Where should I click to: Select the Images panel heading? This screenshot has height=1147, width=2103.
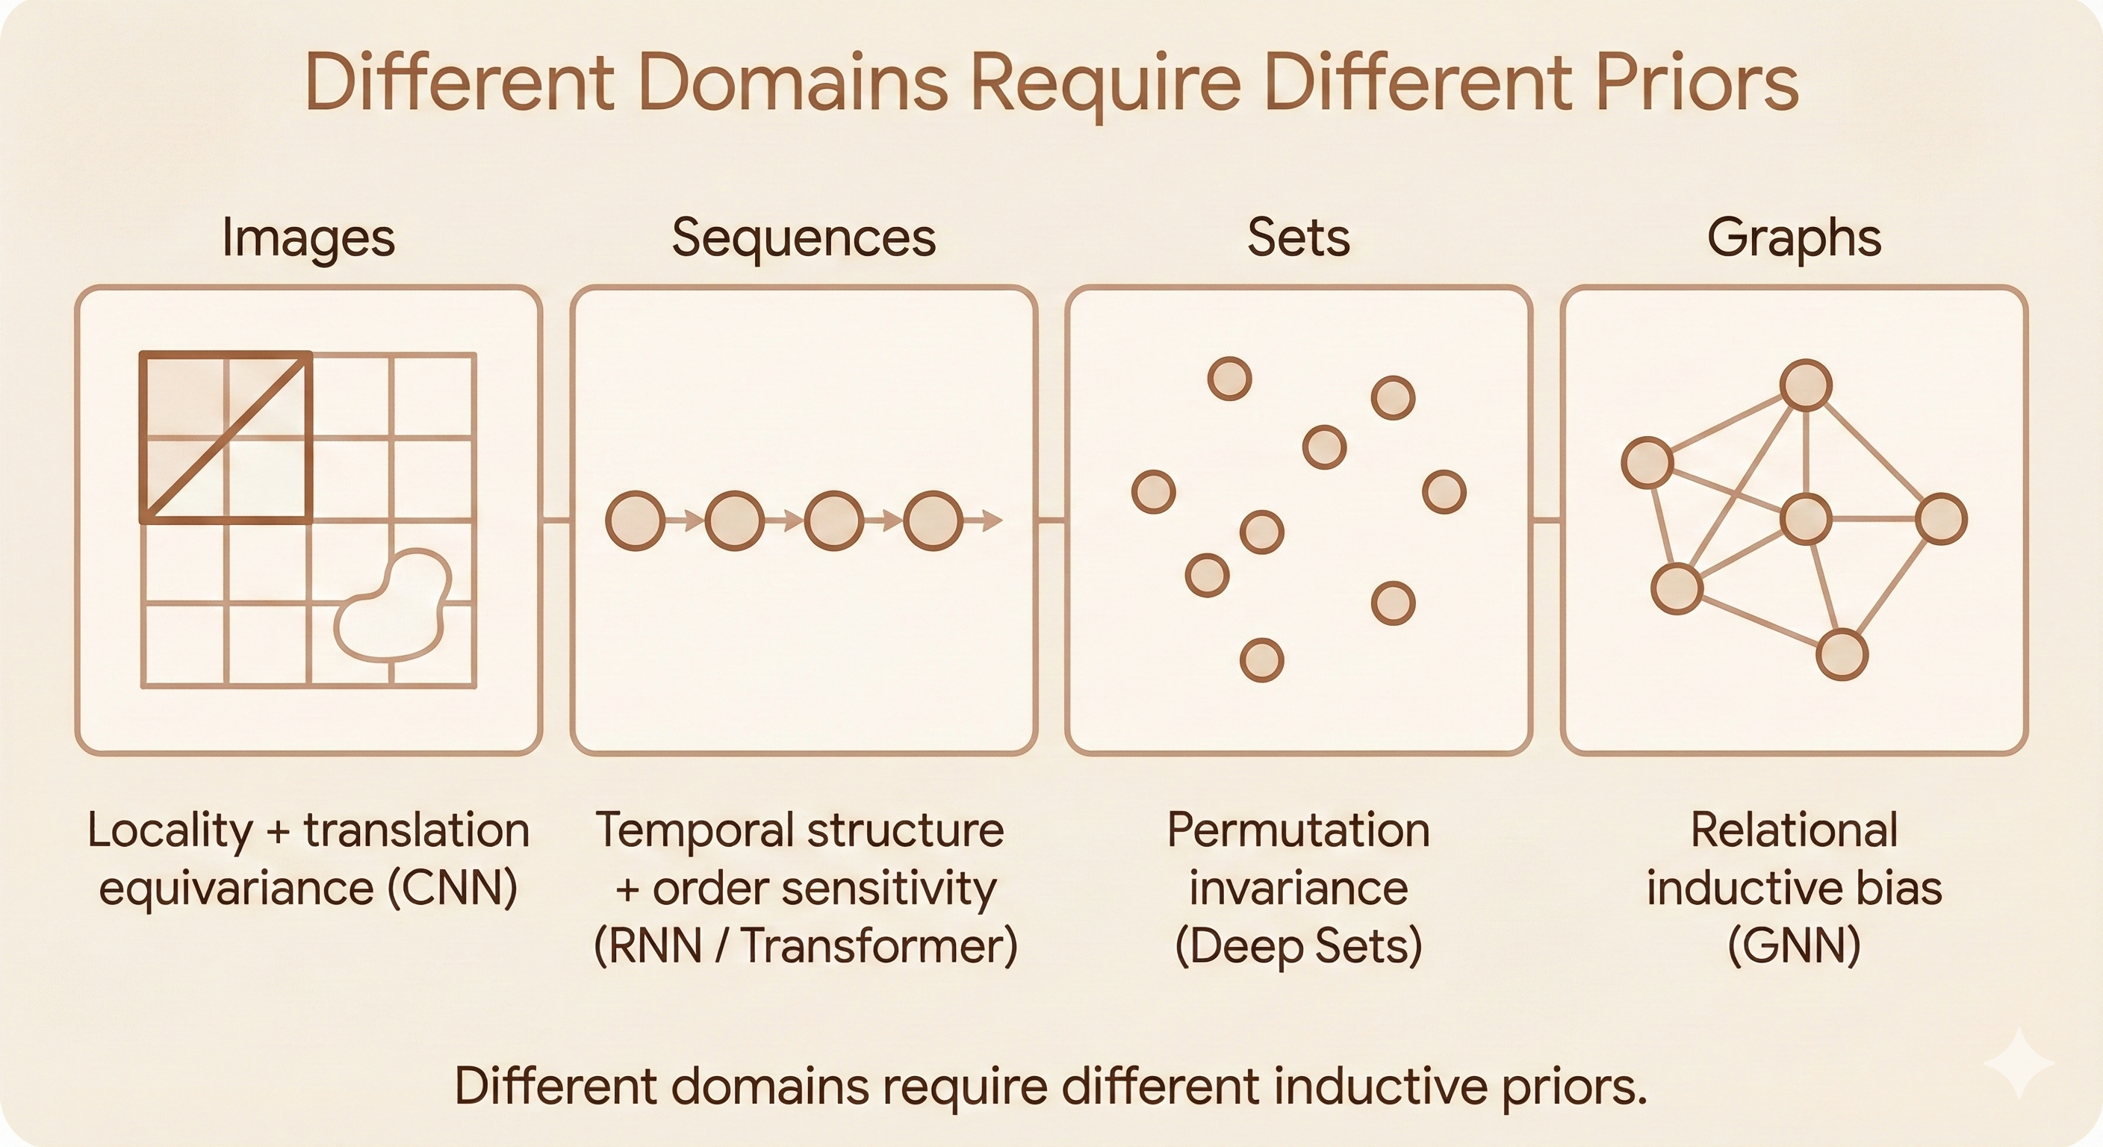(x=308, y=238)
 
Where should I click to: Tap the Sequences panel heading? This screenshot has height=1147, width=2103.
(x=804, y=238)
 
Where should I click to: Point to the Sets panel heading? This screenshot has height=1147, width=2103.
(x=1298, y=238)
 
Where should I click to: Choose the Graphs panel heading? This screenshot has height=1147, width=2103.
(x=1794, y=238)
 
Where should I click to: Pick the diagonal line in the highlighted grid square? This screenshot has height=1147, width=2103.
(x=227, y=438)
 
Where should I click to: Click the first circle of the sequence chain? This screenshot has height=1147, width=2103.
(x=635, y=520)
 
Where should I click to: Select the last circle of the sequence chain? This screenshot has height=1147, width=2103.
(x=933, y=520)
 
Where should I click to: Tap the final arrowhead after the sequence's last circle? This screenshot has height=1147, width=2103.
(x=991, y=520)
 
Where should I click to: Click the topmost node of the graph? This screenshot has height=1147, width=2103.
(x=1806, y=385)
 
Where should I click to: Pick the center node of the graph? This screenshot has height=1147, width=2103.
(x=1806, y=518)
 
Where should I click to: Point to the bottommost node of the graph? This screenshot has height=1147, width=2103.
(x=1842, y=655)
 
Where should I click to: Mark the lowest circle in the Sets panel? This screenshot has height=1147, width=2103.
(x=1261, y=659)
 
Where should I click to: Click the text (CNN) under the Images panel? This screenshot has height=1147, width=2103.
(x=453, y=888)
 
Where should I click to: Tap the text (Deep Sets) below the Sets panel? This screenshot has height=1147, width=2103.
(x=1298, y=946)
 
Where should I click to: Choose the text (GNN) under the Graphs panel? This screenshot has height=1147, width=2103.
(x=1794, y=946)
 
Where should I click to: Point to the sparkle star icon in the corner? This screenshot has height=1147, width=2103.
(x=2018, y=1063)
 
